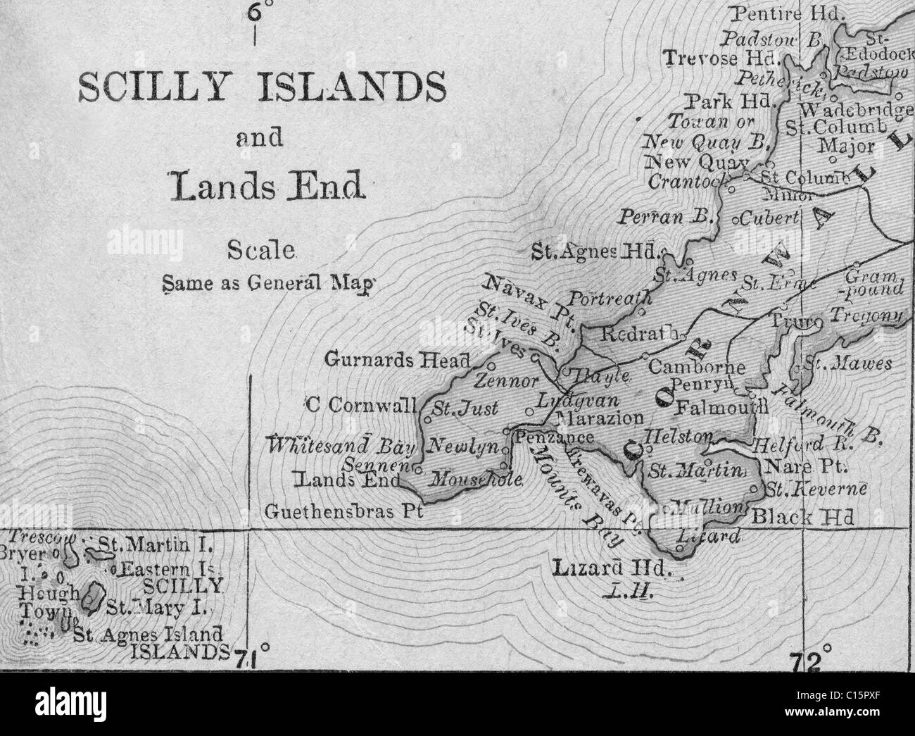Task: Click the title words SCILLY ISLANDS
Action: pyautogui.click(x=261, y=89)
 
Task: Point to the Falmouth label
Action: pyautogui.click(x=721, y=408)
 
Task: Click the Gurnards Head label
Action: pyautogui.click(x=397, y=360)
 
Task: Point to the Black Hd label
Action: pyautogui.click(x=802, y=518)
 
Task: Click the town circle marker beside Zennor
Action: pyautogui.click(x=491, y=366)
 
